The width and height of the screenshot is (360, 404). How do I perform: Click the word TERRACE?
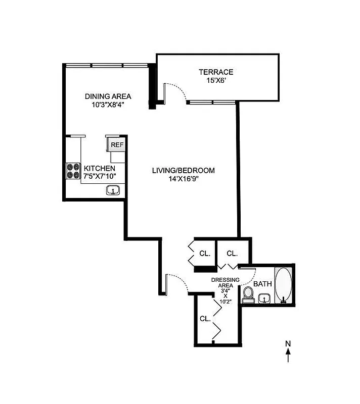click(215, 72)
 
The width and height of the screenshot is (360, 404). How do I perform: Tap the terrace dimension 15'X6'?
click(215, 80)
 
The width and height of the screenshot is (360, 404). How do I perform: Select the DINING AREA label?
click(108, 96)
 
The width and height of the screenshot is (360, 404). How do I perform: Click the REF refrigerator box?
click(117, 144)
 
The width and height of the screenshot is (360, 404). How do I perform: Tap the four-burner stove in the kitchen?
click(73, 170)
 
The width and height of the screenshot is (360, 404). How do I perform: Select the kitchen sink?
click(112, 190)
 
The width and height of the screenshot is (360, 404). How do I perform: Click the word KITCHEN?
click(100, 168)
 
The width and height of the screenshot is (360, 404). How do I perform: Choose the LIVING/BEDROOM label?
click(184, 170)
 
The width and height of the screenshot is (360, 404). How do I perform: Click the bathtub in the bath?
click(284, 285)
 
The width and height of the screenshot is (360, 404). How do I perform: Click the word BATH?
click(262, 284)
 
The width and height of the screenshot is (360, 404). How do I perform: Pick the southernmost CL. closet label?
click(205, 319)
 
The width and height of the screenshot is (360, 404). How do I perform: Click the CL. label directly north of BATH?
click(232, 253)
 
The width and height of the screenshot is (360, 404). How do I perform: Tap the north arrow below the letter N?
click(288, 357)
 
